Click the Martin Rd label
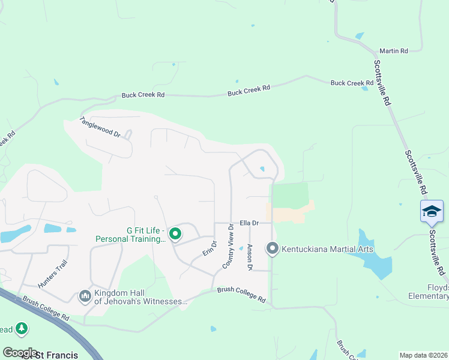(394, 51)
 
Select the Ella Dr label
(249, 223)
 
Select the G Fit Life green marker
(175, 234)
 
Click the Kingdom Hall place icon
(85, 296)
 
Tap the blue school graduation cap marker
(432, 211)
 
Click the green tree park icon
(22, 328)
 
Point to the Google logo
(20, 352)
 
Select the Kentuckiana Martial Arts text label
(328, 249)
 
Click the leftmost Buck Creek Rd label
(143, 95)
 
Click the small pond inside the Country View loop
(262, 169)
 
